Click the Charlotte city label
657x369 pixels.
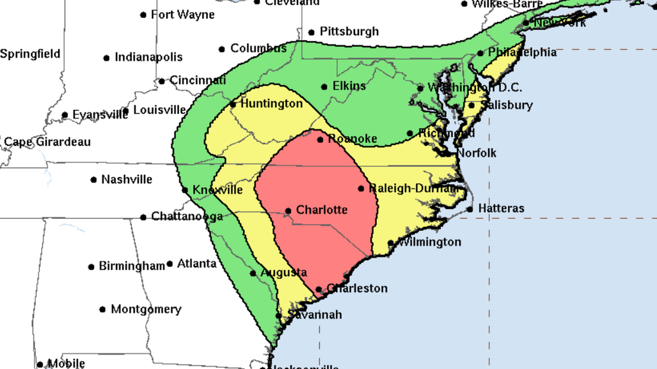322,210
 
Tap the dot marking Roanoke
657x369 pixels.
320,139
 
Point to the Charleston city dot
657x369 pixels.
319,290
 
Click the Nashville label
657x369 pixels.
127,180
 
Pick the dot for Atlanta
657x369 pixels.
169,264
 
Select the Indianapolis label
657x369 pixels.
149,57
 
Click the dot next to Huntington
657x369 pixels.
233,104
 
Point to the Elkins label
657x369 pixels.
349,86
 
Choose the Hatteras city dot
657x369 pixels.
470,209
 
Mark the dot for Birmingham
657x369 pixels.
91,267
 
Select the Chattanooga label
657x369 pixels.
187,217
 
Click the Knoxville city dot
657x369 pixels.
185,190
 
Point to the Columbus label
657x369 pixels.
258,48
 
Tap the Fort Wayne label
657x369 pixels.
183,14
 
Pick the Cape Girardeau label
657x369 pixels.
47,142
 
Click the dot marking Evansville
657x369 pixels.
65,115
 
